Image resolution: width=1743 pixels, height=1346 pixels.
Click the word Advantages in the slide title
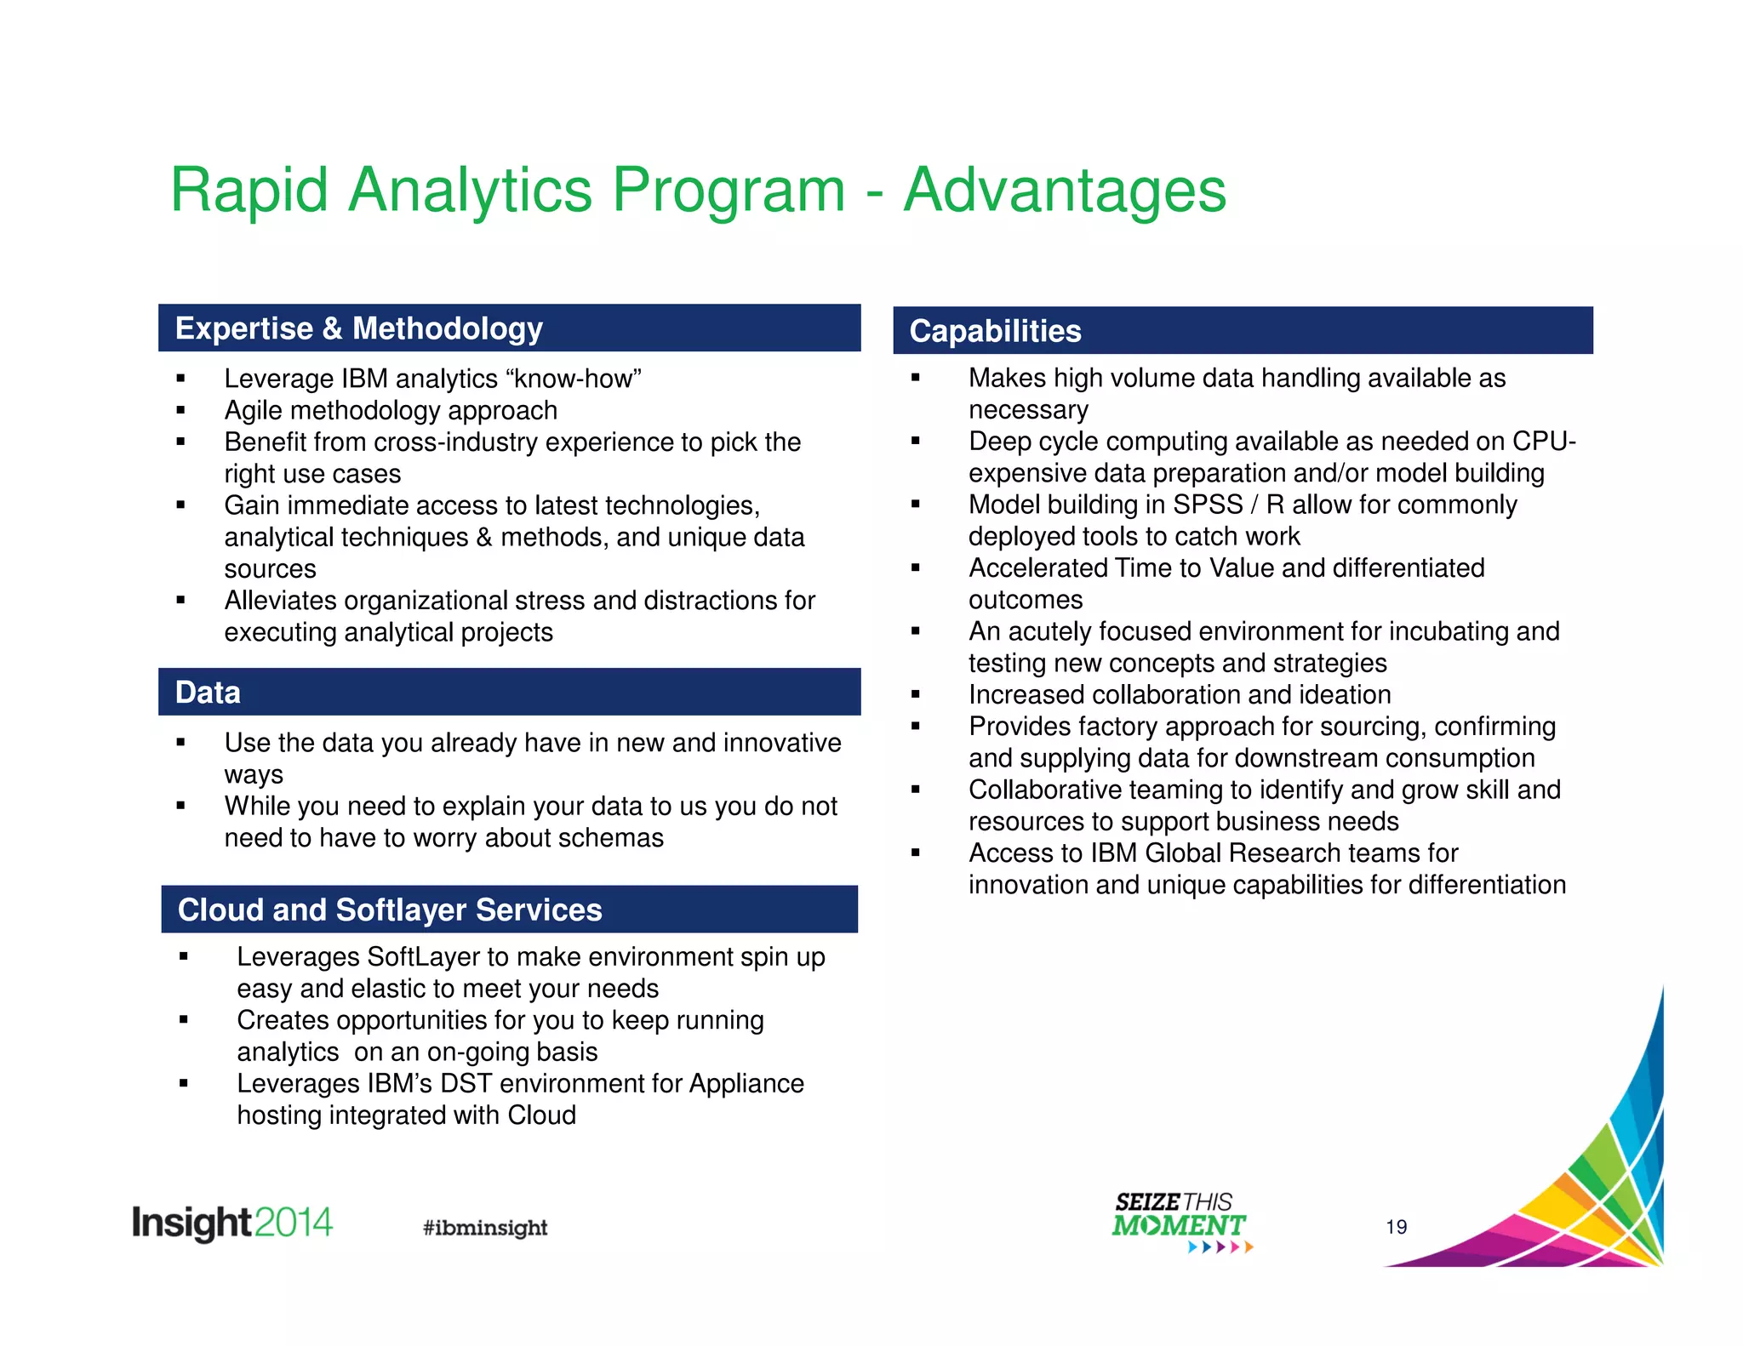tap(1064, 190)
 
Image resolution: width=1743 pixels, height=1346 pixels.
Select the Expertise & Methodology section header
tap(358, 328)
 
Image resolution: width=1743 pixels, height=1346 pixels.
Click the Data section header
tap(208, 693)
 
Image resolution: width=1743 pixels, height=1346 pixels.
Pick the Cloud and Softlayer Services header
tap(389, 910)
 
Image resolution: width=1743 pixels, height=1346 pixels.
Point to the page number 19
tap(1396, 1226)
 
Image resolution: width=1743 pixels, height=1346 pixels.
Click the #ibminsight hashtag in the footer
tap(485, 1227)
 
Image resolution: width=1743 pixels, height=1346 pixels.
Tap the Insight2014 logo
tap(231, 1223)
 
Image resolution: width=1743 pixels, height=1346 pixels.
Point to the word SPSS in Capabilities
tap(1207, 505)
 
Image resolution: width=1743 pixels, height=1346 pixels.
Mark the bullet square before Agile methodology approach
tap(180, 410)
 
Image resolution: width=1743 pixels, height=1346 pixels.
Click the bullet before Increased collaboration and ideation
tap(916, 694)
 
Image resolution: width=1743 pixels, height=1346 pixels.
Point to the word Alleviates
tap(281, 601)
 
